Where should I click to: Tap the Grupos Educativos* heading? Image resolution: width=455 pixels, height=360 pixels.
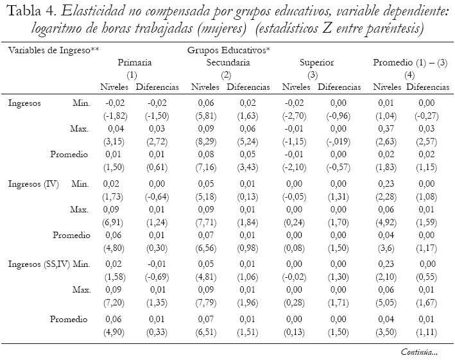[x=228, y=49]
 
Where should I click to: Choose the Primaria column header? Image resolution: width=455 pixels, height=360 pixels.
[x=134, y=62]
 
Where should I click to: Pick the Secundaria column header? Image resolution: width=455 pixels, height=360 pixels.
[x=228, y=62]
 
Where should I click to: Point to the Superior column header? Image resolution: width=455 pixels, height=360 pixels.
[x=316, y=62]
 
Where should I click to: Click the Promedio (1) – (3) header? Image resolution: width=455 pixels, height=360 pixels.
[x=410, y=62]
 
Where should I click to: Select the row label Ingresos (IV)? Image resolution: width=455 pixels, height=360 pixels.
[x=33, y=184]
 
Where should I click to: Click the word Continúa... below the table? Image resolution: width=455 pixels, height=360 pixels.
[x=419, y=352]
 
